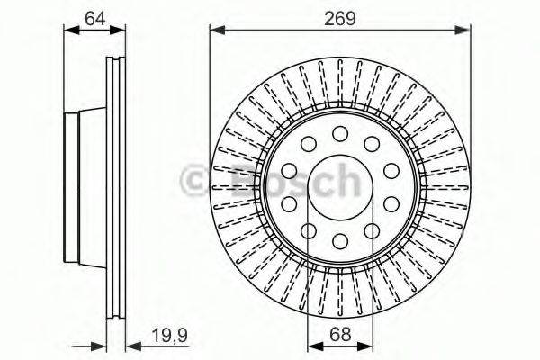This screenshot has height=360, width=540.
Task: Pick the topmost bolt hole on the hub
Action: tap(340, 133)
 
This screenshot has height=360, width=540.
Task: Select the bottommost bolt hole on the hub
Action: tap(340, 241)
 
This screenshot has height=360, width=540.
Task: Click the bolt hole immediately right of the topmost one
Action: tap(372, 144)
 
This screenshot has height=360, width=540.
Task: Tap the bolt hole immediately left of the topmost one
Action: tap(309, 144)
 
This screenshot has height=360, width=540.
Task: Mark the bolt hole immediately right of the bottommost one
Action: tap(372, 231)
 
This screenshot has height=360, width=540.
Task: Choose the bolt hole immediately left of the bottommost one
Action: tap(309, 231)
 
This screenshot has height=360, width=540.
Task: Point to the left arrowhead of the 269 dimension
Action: tap(216, 31)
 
